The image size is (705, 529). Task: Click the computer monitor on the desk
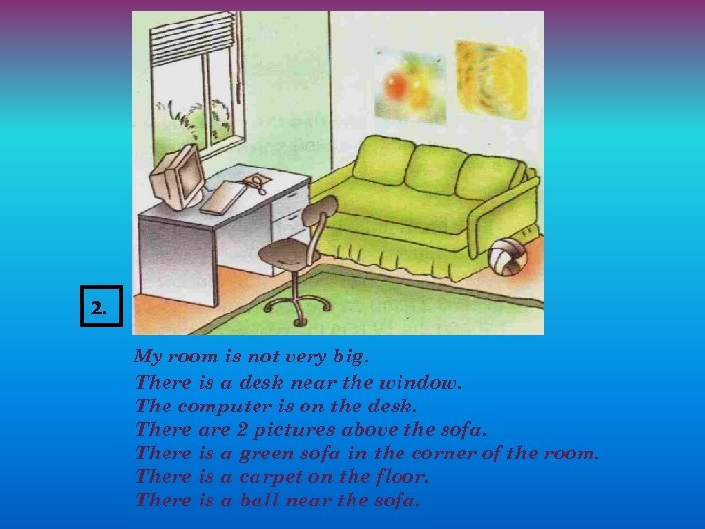176,176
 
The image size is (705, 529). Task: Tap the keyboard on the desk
223,197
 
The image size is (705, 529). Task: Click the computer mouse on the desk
256,181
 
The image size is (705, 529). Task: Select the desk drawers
290,212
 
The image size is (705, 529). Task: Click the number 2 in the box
97,309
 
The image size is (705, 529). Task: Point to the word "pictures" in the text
297,429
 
